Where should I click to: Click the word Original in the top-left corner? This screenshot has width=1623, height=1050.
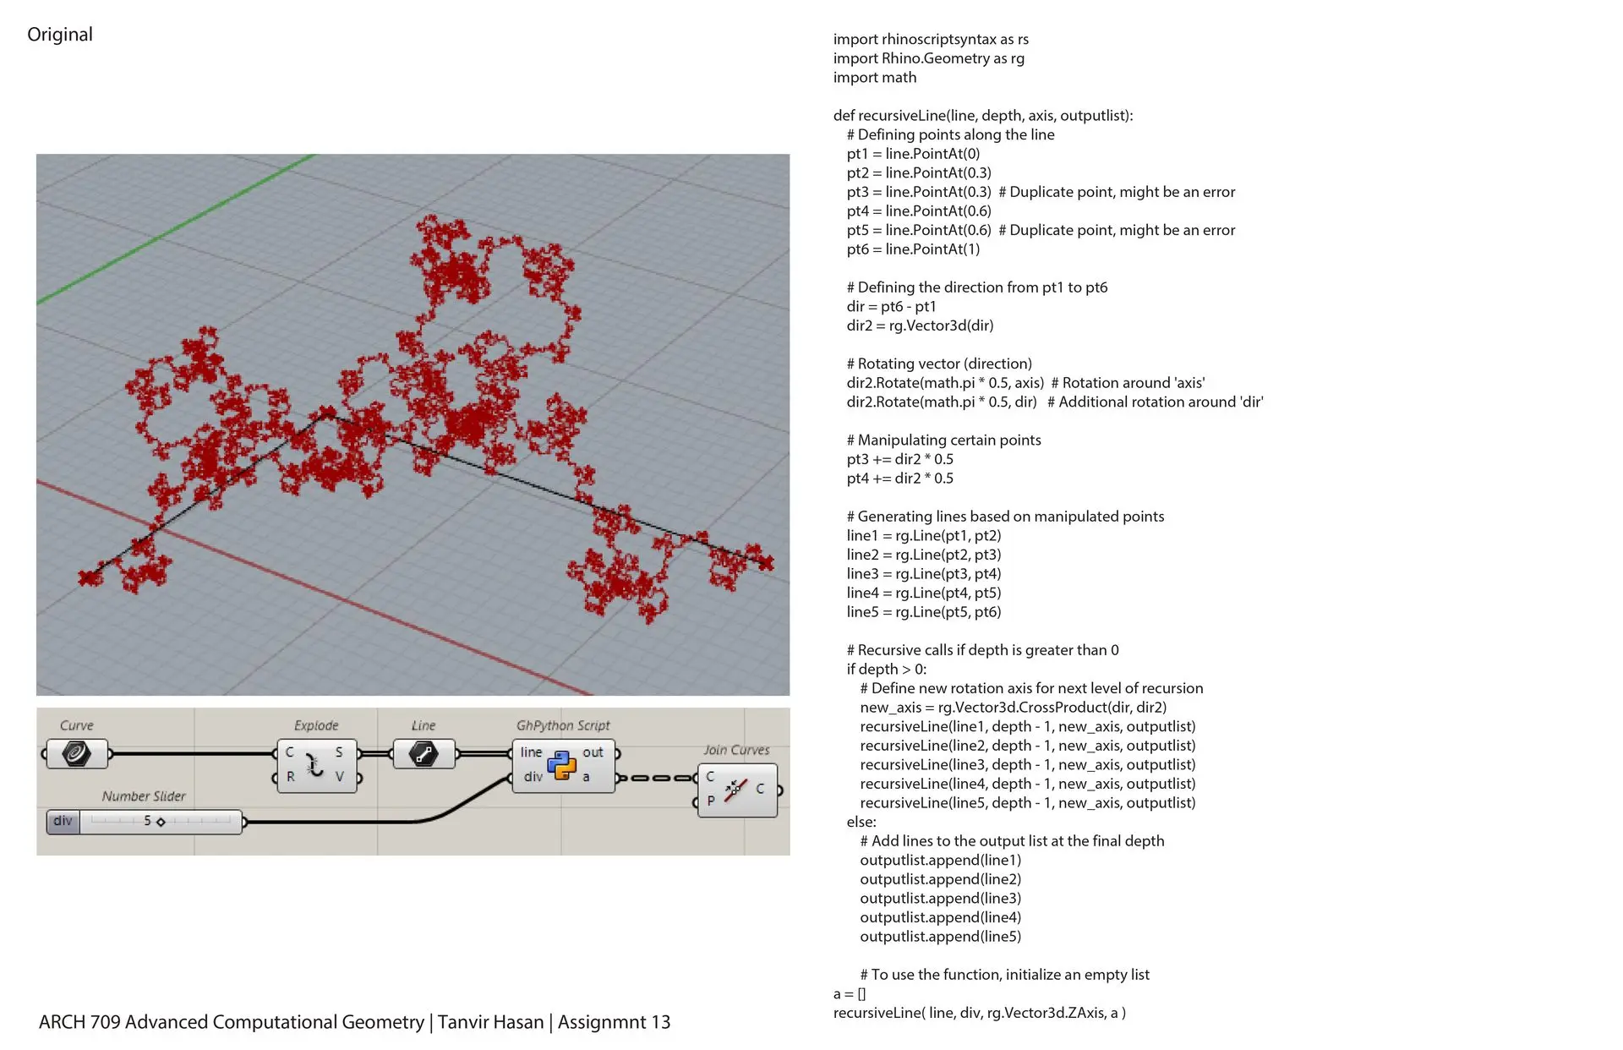pos(60,35)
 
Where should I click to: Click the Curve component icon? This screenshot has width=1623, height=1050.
pos(76,753)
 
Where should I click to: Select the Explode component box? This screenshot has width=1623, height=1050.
pos(316,765)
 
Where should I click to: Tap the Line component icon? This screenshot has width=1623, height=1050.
pos(424,753)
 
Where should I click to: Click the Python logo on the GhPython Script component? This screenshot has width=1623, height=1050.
pos(561,764)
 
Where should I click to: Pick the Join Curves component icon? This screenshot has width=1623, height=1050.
pos(735,790)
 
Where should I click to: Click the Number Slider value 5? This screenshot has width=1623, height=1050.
pos(147,821)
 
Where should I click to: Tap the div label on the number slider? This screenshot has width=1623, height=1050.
pos(63,821)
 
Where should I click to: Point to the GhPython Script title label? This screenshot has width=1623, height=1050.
pos(563,725)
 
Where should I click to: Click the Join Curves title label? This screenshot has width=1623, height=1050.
pos(736,750)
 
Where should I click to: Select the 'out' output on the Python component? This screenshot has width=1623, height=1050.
pos(593,752)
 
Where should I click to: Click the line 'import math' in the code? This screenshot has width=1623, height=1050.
pos(875,78)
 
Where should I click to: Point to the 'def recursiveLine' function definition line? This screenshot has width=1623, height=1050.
pos(983,116)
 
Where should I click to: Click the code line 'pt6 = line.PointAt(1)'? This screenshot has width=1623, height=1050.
pos(913,249)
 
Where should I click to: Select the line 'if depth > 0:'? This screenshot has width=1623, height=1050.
pos(887,670)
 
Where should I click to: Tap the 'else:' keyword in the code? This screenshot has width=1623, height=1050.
pos(861,822)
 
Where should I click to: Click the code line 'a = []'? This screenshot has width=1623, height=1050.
pos(850,994)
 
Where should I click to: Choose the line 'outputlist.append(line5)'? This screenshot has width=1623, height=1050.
pos(941,937)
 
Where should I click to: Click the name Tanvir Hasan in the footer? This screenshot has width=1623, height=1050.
pos(491,1022)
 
